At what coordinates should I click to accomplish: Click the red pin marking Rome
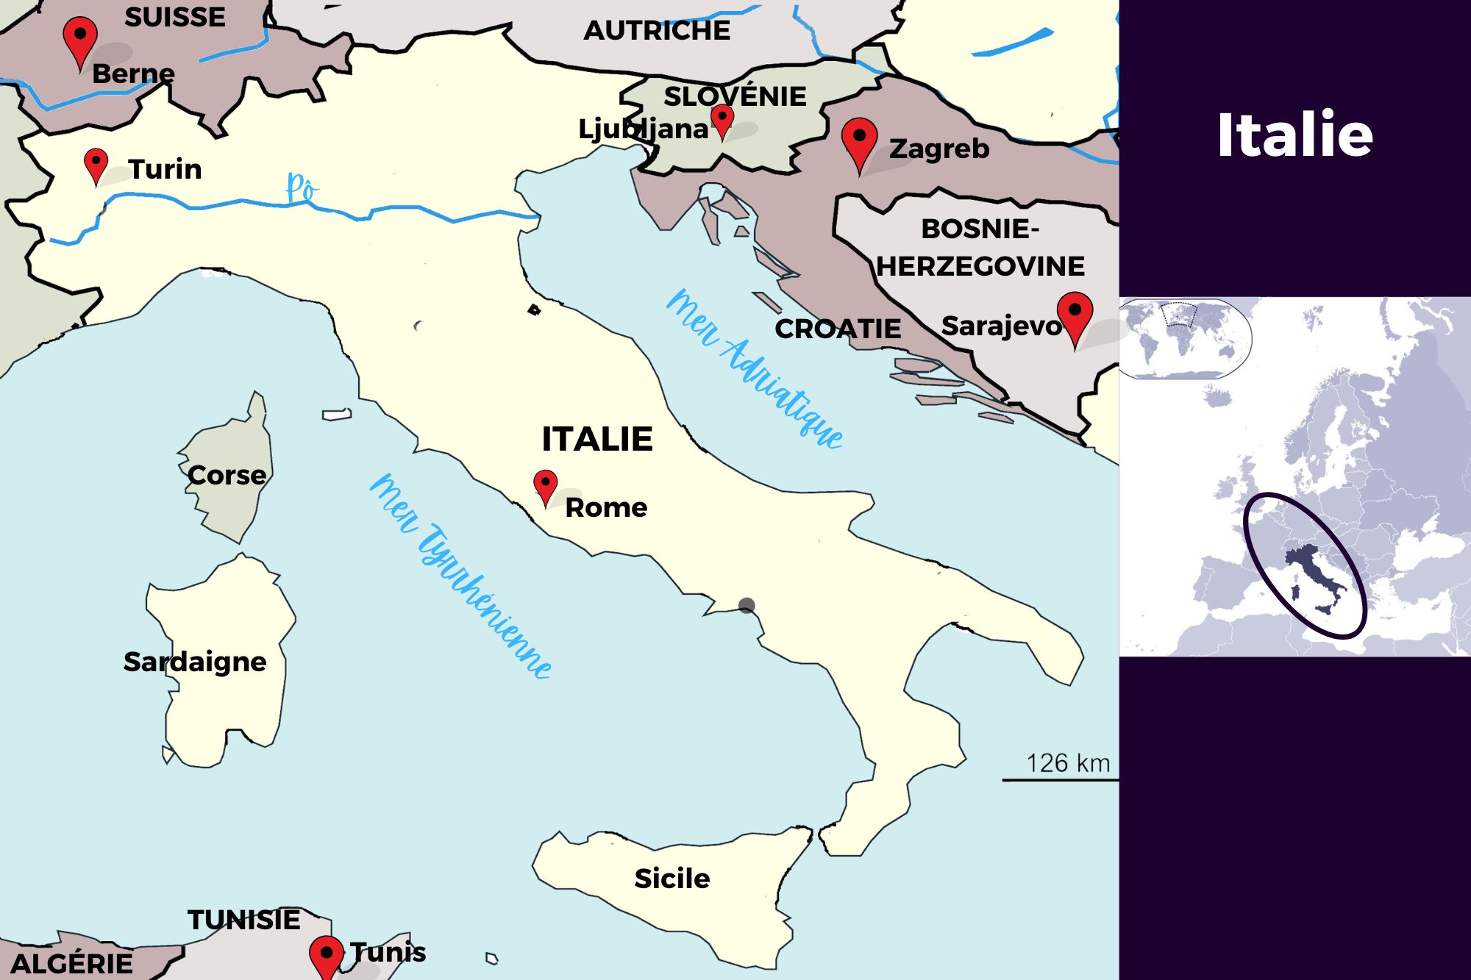(x=545, y=485)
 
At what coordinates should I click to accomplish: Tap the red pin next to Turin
(x=96, y=163)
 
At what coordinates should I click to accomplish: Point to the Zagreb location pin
(x=859, y=140)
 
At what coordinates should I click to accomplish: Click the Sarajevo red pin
(x=1075, y=314)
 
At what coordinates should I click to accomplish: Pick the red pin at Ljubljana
(x=722, y=119)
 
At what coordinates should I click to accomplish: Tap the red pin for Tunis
(x=326, y=955)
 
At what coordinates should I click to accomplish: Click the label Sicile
(x=672, y=879)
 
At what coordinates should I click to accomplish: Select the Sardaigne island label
(x=195, y=662)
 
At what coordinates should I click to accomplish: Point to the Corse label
(x=227, y=476)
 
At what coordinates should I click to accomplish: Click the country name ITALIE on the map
(x=597, y=440)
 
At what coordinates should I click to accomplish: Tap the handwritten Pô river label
(x=301, y=188)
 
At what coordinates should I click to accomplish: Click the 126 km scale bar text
(x=1068, y=763)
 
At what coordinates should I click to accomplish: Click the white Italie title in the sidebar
(x=1294, y=135)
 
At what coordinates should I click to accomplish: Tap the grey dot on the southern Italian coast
(x=747, y=605)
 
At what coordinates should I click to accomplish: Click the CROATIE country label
(x=838, y=329)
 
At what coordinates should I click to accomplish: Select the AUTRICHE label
(x=657, y=31)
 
